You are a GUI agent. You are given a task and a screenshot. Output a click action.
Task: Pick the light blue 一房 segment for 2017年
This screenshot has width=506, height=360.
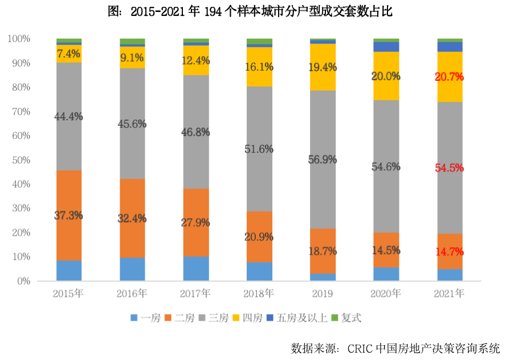pos(196,268)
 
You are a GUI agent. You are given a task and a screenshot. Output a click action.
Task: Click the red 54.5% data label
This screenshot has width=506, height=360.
pos(450,168)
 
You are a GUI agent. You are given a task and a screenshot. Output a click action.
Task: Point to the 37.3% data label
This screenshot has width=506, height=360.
pos(69,216)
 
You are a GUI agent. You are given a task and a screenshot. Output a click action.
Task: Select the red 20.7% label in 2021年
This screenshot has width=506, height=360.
pos(450,76)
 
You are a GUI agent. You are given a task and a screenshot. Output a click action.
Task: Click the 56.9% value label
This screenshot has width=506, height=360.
pos(323,160)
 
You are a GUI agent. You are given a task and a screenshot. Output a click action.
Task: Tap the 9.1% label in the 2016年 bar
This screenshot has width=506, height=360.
pos(132,58)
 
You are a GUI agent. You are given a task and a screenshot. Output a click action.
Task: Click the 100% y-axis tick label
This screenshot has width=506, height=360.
pos(19,39)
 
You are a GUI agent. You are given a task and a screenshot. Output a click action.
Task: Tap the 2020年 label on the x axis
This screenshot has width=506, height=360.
pos(386,294)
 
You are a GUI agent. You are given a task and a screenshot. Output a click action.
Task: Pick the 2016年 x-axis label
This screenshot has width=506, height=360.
pos(132,294)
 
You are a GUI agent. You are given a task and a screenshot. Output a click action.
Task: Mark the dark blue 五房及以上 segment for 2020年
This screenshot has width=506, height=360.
pos(386,47)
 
